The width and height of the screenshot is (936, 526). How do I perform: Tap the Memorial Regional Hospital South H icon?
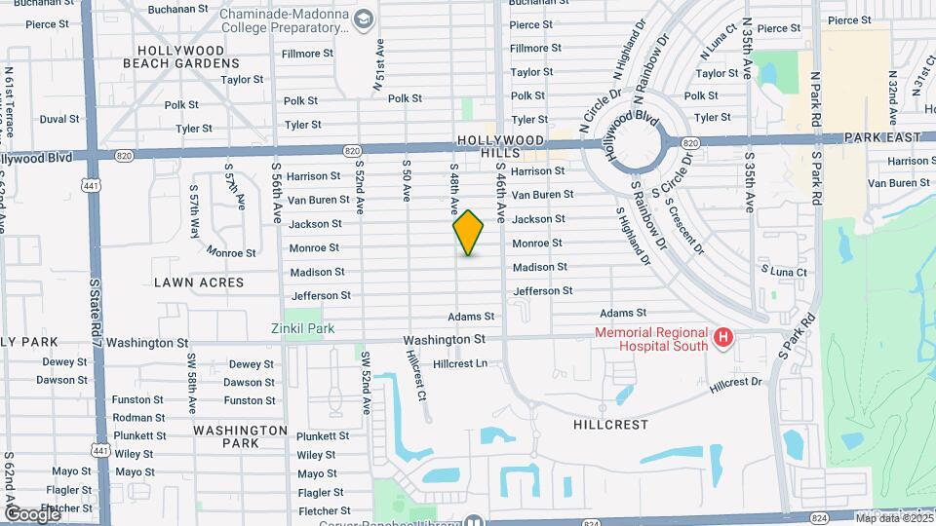[x=723, y=338]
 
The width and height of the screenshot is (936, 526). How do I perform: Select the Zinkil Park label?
[x=303, y=329]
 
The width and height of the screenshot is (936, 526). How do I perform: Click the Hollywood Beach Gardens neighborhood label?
[x=181, y=56]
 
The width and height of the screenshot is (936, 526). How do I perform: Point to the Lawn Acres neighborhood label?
[x=199, y=282]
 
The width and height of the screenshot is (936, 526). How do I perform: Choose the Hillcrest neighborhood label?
[x=611, y=425]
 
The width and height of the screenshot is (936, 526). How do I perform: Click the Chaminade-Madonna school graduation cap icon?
[x=363, y=19]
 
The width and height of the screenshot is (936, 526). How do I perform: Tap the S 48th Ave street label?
[x=453, y=190]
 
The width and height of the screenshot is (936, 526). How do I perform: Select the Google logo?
[x=31, y=513]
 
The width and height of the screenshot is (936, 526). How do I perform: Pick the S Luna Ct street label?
[x=784, y=272]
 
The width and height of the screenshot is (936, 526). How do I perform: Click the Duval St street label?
[x=58, y=119]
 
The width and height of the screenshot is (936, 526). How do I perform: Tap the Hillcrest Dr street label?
[x=735, y=383]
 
